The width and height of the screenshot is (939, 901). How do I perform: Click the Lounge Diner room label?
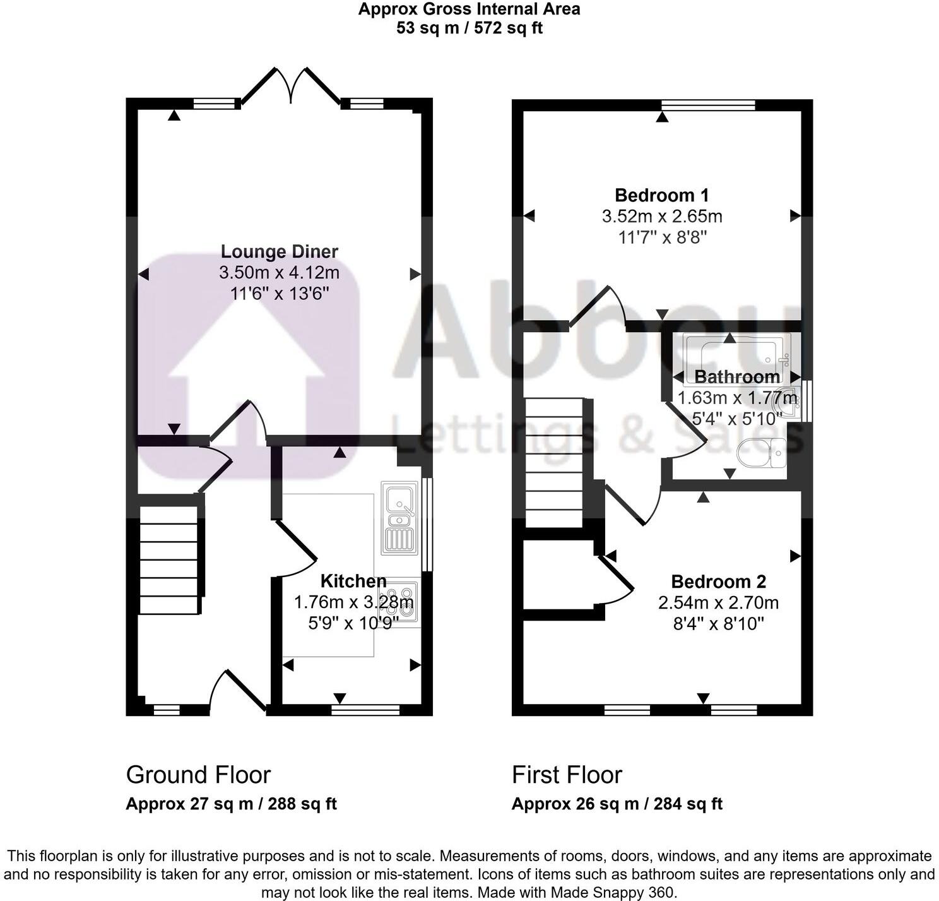tap(279, 251)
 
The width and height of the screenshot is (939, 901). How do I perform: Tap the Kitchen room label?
tap(353, 581)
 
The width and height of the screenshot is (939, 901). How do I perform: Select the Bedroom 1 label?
tap(662, 195)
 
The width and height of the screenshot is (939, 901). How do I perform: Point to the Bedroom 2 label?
tap(718, 582)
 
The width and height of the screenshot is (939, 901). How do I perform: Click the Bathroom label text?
tap(737, 377)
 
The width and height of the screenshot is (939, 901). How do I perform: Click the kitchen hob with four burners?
tap(399, 603)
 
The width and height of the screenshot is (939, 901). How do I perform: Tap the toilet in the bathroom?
tap(762, 453)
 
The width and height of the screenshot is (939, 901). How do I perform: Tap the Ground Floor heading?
tap(198, 775)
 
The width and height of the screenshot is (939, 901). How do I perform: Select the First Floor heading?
tap(567, 775)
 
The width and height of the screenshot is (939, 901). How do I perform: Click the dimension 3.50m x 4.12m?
tap(279, 273)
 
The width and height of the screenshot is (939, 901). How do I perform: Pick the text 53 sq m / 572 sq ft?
tap(470, 28)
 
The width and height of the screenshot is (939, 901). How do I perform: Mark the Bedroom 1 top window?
tap(708, 104)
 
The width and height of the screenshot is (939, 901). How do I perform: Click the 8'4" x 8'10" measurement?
tap(718, 624)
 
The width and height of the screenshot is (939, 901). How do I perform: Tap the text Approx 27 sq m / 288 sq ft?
tap(231, 804)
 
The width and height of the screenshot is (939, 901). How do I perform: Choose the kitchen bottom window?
tap(365, 710)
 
